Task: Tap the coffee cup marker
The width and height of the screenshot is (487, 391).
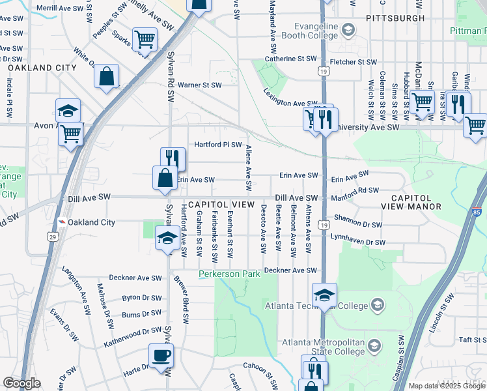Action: point(161,356)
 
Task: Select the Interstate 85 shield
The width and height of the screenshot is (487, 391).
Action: point(477,212)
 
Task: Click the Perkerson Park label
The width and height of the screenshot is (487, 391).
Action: point(230,274)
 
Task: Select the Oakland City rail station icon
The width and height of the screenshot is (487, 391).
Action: point(61,222)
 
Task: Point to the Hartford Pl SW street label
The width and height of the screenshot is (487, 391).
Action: point(218,145)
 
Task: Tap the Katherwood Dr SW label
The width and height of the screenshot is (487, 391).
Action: point(132,331)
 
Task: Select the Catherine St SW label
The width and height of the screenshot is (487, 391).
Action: point(290,59)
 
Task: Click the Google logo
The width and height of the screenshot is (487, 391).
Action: point(22,383)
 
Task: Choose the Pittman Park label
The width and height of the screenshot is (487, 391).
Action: point(468,30)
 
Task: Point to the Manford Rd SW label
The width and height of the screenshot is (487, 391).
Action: point(355,193)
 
